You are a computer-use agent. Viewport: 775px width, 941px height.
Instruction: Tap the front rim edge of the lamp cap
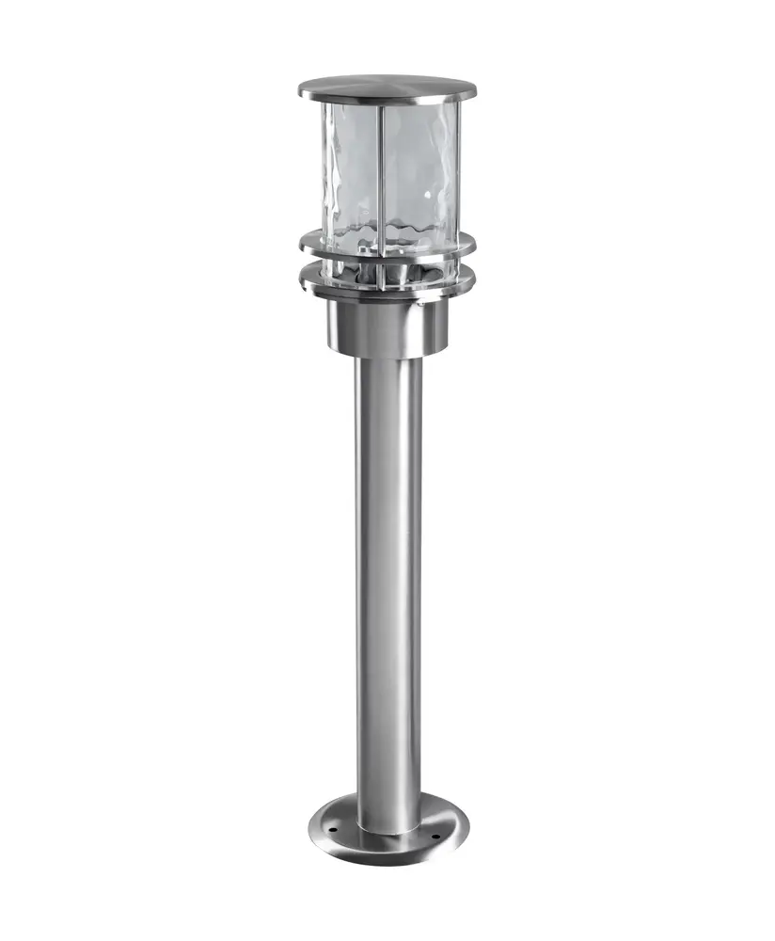point(387,97)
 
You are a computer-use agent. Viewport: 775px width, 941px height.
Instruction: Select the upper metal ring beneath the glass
point(387,246)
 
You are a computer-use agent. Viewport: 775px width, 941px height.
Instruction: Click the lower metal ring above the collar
point(387,279)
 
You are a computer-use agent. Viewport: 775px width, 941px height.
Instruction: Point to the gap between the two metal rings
point(387,263)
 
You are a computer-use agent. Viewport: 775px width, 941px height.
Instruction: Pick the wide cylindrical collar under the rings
point(387,325)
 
